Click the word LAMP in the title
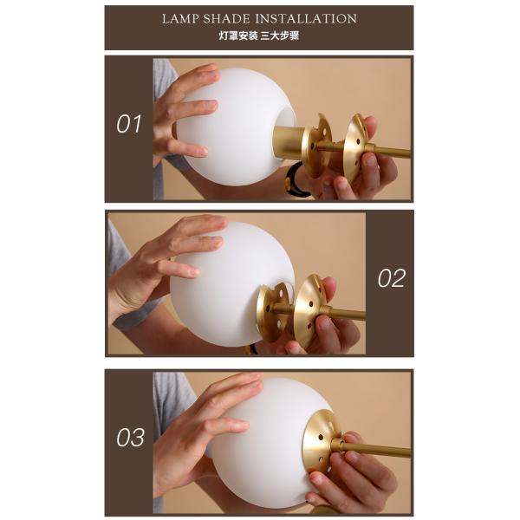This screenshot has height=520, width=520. point(180,19)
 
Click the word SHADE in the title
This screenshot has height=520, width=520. point(226,19)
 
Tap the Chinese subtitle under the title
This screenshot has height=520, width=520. point(258,36)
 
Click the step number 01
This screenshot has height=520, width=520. point(129,124)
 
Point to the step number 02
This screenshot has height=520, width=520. point(392,278)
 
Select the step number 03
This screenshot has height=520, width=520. point(130,437)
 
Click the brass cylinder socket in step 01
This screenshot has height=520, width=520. point(288,142)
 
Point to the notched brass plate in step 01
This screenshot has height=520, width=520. point(318,146)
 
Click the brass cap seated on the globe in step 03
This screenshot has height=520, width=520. point(320,441)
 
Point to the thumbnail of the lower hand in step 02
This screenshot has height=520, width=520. point(323,322)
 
